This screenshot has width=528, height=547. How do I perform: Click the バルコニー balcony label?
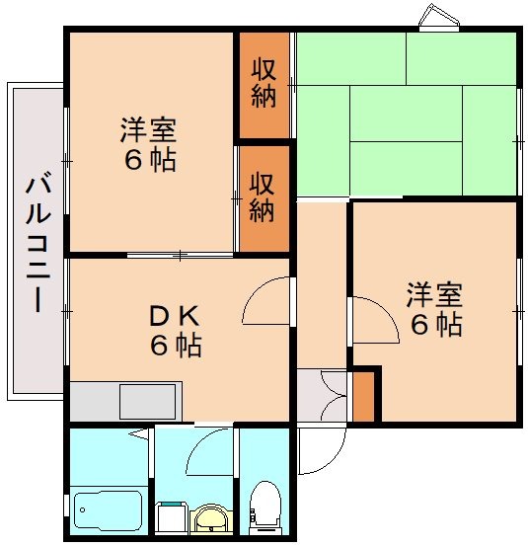tap(38, 243)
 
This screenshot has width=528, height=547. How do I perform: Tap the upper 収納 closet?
tap(263, 84)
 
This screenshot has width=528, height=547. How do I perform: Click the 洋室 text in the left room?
tap(149, 129)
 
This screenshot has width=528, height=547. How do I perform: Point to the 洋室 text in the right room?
tap(434, 295)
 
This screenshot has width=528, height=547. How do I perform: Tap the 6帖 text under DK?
tap(177, 347)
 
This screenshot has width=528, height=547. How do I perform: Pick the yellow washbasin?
tap(208, 516)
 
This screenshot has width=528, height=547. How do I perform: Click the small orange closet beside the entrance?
tap(364, 394)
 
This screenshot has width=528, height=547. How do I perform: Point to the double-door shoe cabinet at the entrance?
tap(322, 396)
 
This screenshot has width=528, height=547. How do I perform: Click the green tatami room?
tap(407, 114)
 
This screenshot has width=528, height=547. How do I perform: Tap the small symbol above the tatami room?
tap(437, 17)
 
